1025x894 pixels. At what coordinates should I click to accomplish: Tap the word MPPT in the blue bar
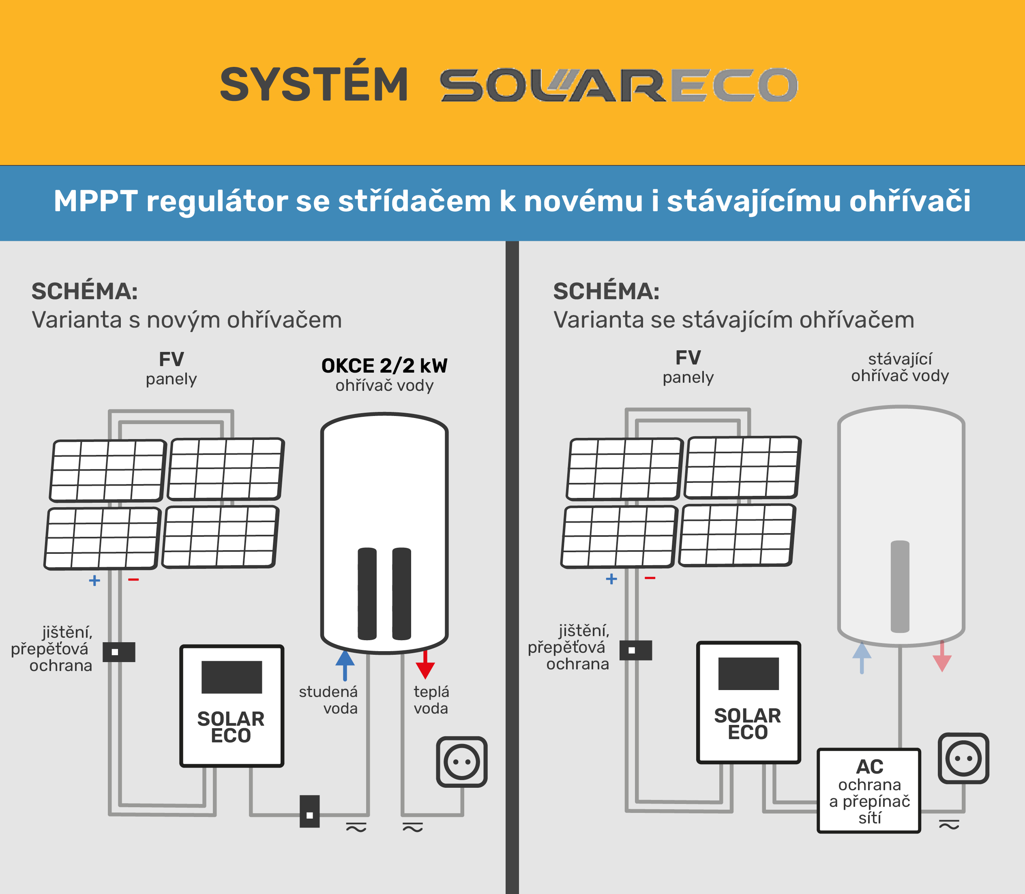(96, 201)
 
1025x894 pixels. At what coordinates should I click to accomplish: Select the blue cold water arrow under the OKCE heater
(345, 665)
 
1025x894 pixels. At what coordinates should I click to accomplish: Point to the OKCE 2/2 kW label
(384, 366)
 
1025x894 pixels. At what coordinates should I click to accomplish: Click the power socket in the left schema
(462, 762)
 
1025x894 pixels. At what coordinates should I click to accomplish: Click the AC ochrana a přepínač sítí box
(869, 791)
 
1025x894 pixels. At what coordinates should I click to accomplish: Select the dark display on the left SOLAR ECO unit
(232, 677)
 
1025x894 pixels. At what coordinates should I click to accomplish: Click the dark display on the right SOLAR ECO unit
(748, 673)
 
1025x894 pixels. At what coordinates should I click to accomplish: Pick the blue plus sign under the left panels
(94, 580)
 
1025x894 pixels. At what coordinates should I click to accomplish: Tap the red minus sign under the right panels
(650, 578)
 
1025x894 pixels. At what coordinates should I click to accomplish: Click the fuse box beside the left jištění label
(119, 652)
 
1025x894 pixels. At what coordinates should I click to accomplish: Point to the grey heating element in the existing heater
(900, 587)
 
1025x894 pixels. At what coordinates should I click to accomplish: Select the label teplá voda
(431, 700)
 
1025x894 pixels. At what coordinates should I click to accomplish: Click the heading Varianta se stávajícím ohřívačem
(734, 320)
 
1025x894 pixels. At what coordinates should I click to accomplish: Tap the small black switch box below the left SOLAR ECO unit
(310, 811)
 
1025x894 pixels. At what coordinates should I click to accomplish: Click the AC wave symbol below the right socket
(949, 825)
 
